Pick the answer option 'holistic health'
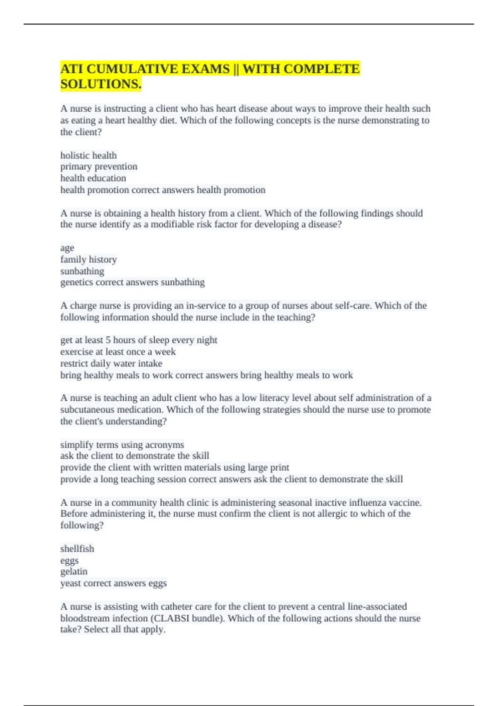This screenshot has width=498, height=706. pyautogui.click(x=88, y=155)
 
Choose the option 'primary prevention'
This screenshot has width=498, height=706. pyautogui.click(x=99, y=167)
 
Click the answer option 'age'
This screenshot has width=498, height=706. pyautogui.click(x=67, y=248)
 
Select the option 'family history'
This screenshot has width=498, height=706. pyautogui.click(x=88, y=260)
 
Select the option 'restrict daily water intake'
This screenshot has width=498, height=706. pyautogui.click(x=111, y=363)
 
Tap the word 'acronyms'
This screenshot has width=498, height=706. pyautogui.click(x=164, y=445)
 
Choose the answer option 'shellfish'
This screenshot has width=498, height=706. pyautogui.click(x=77, y=549)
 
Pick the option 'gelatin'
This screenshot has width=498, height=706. pyautogui.click(x=74, y=571)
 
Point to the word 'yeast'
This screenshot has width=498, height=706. pyautogui.click(x=70, y=583)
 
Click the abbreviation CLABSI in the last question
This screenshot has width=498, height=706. pyautogui.click(x=172, y=618)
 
